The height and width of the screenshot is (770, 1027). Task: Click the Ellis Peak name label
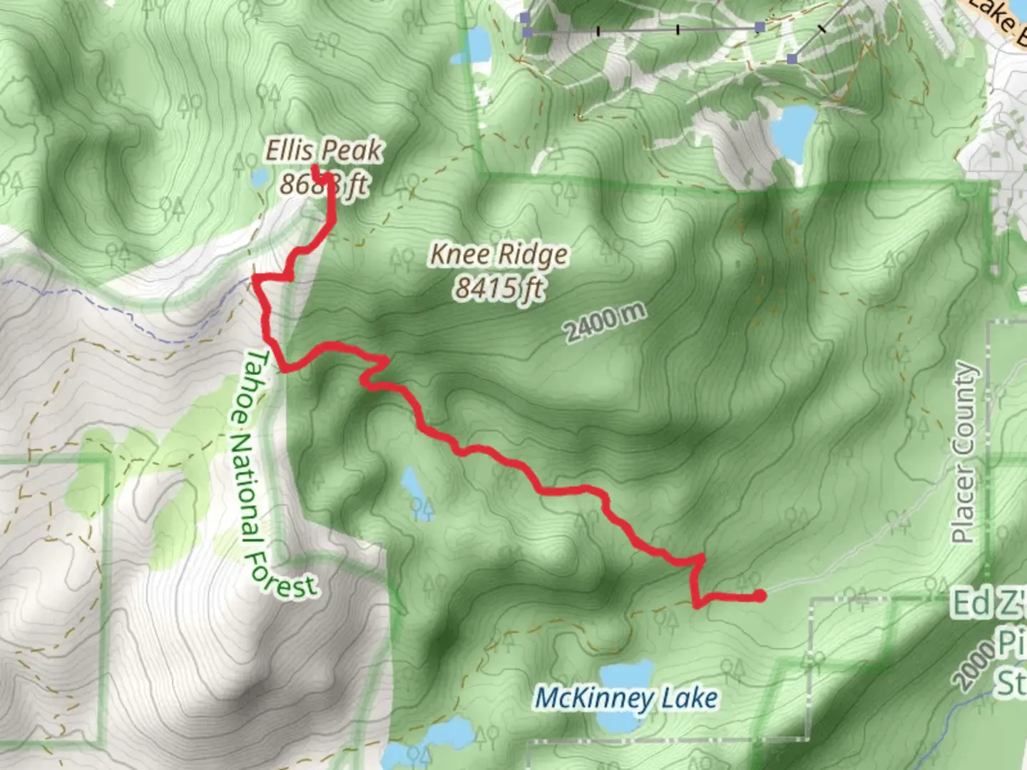click(x=324, y=150)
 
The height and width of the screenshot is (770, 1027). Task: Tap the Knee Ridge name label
click(x=499, y=254)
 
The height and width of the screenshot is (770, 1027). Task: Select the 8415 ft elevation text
click(x=499, y=288)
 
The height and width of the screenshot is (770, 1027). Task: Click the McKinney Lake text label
click(x=626, y=698)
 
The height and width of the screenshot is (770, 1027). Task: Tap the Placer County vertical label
click(x=964, y=452)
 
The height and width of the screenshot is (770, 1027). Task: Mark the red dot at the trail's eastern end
click(x=760, y=595)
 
